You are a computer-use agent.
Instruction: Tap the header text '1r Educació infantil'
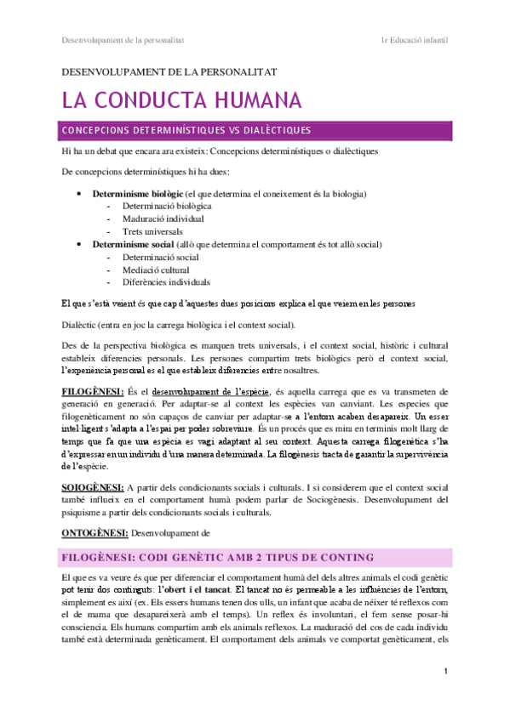415,40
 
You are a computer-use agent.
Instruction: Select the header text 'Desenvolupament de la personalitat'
123,40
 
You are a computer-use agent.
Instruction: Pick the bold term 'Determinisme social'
127,244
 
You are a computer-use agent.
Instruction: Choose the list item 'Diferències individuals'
167,282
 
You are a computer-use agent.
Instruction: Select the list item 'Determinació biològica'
167,207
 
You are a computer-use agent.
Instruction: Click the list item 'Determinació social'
161,257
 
